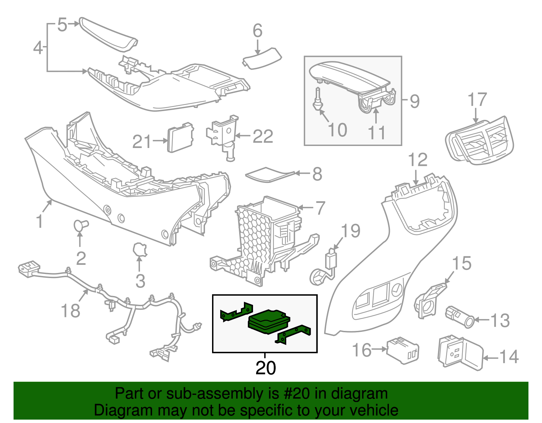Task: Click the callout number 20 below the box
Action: point(266,368)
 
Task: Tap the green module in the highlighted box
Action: point(269,321)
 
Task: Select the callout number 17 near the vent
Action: point(477,100)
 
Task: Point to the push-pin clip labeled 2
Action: point(81,225)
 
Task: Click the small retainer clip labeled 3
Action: point(140,250)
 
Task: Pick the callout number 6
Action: point(257,31)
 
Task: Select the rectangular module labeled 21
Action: point(181,138)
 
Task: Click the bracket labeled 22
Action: point(222,135)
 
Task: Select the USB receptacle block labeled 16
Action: point(403,350)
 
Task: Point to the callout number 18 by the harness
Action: point(70,310)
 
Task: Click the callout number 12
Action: point(417,160)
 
